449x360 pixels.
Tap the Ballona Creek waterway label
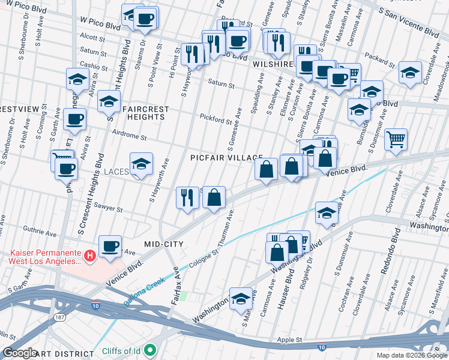146,293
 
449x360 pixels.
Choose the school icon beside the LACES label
141,164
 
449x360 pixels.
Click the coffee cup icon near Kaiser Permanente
110,246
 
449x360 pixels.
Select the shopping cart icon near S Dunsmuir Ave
396,140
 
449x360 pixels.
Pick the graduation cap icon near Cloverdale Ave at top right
410,73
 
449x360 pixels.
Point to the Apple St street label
290,340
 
